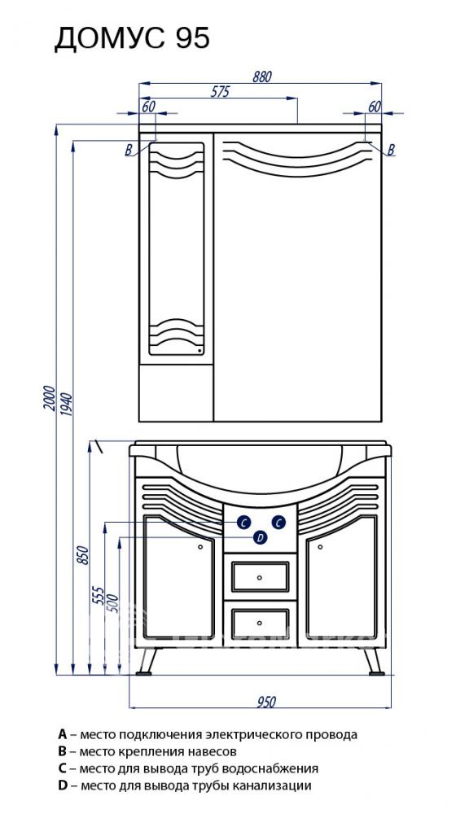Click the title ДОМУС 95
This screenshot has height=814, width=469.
(132, 39)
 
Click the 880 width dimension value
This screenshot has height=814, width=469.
(262, 77)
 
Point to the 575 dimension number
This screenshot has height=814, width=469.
(220, 92)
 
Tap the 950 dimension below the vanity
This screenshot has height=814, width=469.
(266, 702)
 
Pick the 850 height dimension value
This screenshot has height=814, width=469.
(82, 555)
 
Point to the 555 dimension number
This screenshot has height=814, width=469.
(99, 596)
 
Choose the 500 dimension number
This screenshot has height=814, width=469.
(114, 602)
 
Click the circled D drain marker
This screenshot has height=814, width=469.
(261, 537)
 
